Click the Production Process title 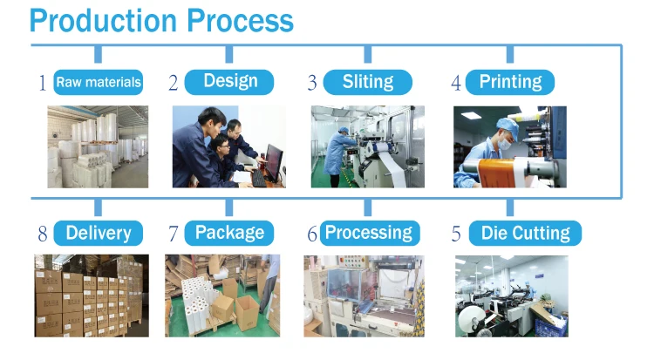[161, 20]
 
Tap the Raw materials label [98, 83]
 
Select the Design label [230, 82]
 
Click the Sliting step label [367, 83]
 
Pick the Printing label [510, 83]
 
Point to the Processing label [368, 233]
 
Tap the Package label [229, 233]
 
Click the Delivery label [98, 233]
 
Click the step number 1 [42, 84]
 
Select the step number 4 [455, 84]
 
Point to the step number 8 [42, 234]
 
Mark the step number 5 [455, 234]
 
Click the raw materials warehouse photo [97, 146]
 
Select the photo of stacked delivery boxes [91, 295]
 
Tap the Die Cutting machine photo [511, 295]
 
